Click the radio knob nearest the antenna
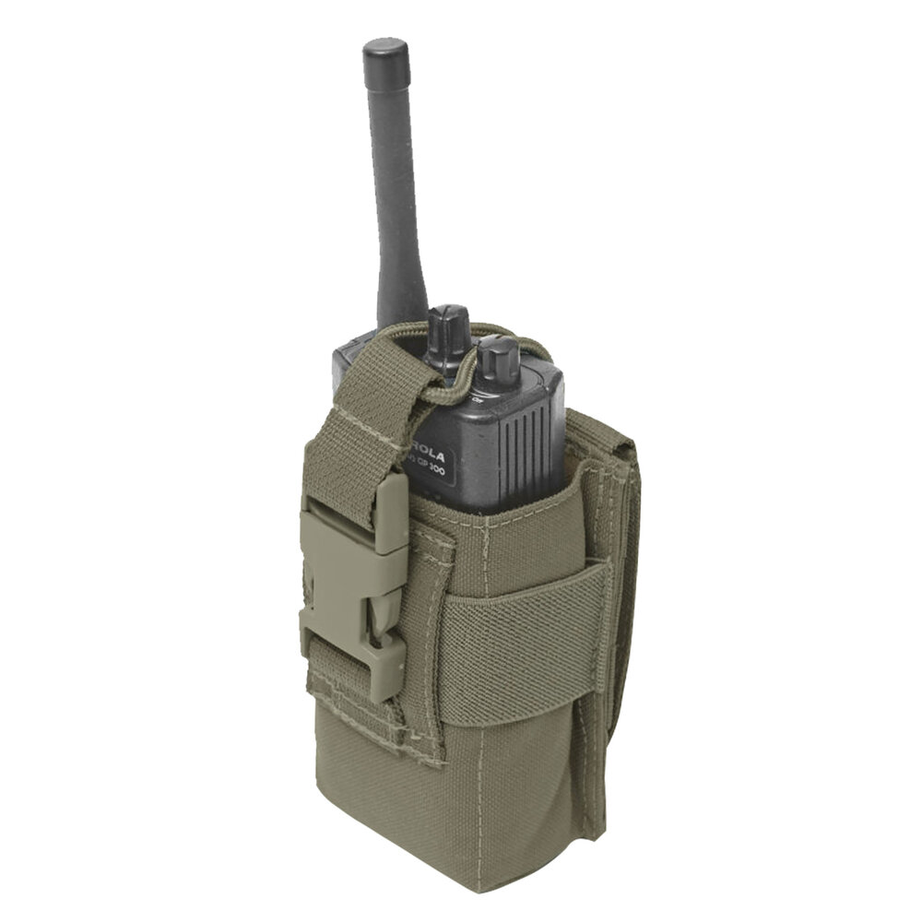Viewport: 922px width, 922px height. point(449,332)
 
